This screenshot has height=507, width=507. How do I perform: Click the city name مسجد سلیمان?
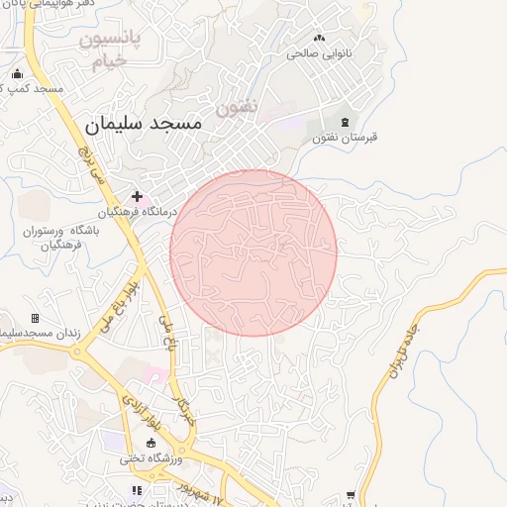144,124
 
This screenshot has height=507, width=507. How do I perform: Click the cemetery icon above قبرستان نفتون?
344,121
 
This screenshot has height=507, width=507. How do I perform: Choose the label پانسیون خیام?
110,50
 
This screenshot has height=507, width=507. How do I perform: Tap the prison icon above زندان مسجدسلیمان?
36,318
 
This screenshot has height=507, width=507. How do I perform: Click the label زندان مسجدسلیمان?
40,334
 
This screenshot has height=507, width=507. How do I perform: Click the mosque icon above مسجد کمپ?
17,73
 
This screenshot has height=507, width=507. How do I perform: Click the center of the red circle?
253,253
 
